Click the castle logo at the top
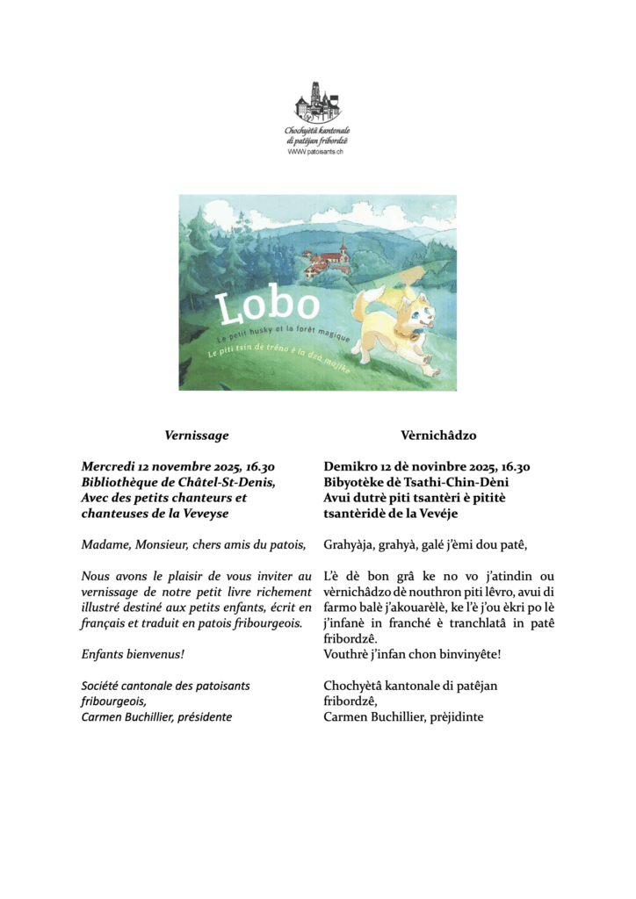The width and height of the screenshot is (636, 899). (317, 103)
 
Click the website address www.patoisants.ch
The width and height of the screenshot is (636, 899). (317, 151)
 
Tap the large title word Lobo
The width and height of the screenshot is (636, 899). (267, 306)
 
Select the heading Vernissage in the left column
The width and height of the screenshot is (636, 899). (197, 435)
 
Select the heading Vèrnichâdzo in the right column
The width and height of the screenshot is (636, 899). (437, 435)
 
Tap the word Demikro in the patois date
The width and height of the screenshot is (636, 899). (351, 466)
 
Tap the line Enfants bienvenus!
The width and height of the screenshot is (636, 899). (133, 655)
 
